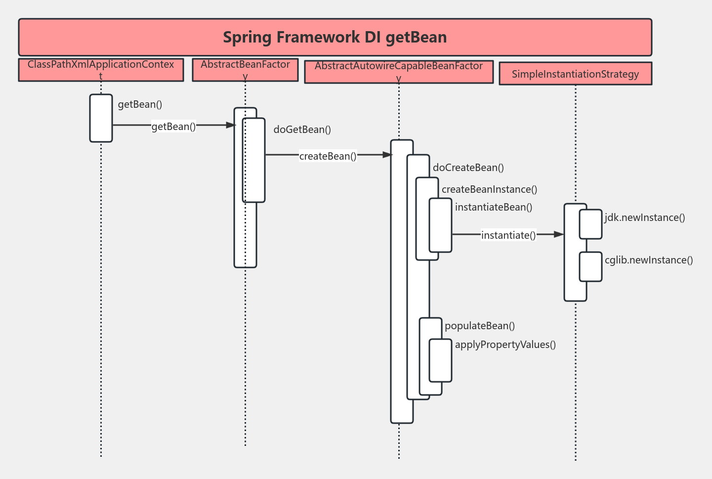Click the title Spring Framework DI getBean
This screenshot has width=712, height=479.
point(335,37)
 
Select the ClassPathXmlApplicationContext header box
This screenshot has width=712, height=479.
point(101,70)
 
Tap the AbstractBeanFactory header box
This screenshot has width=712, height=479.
point(245,70)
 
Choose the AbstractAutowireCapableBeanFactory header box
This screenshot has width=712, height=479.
point(399,72)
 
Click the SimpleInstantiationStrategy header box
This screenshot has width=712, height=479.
point(575,74)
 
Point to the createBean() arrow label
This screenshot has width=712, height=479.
point(328,156)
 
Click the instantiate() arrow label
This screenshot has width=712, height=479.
point(508,235)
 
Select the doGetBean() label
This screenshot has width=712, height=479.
point(302,130)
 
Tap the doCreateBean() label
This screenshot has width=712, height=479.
point(468,168)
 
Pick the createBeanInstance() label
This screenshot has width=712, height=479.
point(489,189)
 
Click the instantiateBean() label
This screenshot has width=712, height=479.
point(493,207)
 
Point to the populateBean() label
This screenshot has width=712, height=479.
point(479,326)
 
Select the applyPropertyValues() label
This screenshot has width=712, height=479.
point(505,345)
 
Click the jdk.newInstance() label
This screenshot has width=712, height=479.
point(644,218)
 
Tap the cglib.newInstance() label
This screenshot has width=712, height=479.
point(648,260)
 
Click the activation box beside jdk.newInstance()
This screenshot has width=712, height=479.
point(590,224)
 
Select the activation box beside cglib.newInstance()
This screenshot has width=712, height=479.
point(590,267)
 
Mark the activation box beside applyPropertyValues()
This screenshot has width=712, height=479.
point(440,360)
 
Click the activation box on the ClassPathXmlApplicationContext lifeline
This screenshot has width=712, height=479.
point(101,118)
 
